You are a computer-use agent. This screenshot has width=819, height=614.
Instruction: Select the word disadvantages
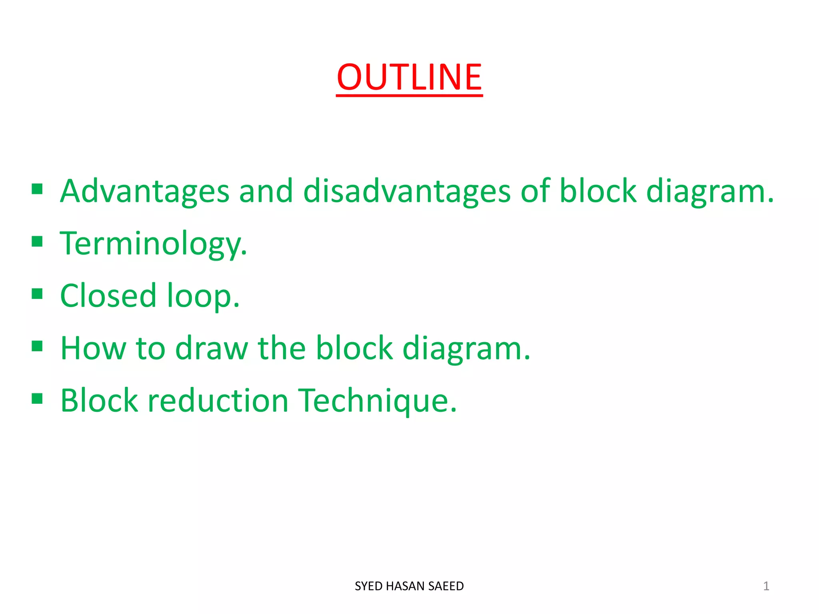coord(407,191)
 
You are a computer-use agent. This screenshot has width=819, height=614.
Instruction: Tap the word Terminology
coord(153,244)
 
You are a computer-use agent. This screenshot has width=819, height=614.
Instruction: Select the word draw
coord(212,349)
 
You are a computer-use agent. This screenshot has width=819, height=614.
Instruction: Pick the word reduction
coord(218,401)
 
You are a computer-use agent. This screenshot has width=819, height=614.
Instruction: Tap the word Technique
coord(378,401)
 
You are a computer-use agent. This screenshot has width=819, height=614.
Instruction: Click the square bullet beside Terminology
coord(37,241)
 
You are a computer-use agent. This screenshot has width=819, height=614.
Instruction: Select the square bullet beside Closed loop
coord(37,294)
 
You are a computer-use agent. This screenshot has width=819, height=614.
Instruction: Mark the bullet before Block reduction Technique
coord(37,399)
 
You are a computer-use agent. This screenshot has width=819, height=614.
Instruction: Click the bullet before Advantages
coord(37,189)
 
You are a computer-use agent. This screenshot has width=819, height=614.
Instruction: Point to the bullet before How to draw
coord(37,346)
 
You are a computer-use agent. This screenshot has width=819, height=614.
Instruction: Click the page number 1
coord(766,586)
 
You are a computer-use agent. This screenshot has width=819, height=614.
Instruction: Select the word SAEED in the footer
coord(446,586)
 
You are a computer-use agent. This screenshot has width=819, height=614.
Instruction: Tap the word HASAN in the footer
coord(406,586)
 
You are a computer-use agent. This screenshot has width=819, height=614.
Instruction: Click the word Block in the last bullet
coord(99,401)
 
